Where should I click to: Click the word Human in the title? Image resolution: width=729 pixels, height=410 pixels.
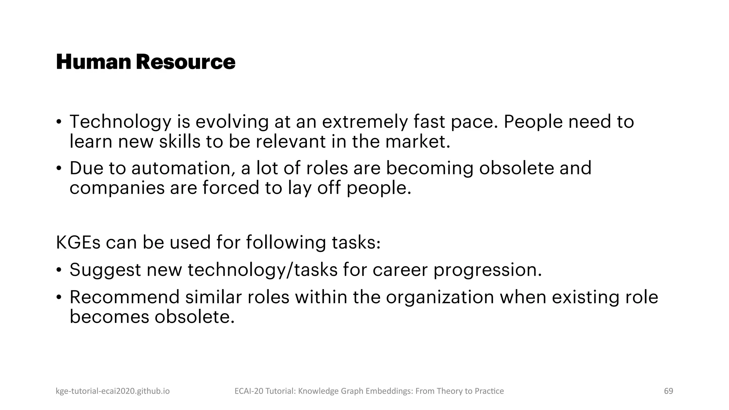[94, 62]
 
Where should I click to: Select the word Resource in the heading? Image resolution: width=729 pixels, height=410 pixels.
[185, 62]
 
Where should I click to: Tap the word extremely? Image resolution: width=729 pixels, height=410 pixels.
[365, 122]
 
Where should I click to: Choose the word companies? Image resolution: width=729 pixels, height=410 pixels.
[117, 188]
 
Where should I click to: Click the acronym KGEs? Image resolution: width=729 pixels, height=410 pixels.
[78, 242]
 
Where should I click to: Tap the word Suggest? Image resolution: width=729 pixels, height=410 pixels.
[105, 270]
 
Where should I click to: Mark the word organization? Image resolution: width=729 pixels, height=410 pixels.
[440, 298]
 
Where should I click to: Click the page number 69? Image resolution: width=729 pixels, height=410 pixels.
[668, 391]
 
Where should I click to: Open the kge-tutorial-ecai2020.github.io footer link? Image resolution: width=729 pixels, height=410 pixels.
[113, 391]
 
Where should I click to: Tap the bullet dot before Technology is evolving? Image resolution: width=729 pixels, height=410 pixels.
[59, 122]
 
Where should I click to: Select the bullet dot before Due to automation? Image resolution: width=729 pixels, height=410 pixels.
[59, 168]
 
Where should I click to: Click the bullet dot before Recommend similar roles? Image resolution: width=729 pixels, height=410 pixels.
[59, 297]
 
